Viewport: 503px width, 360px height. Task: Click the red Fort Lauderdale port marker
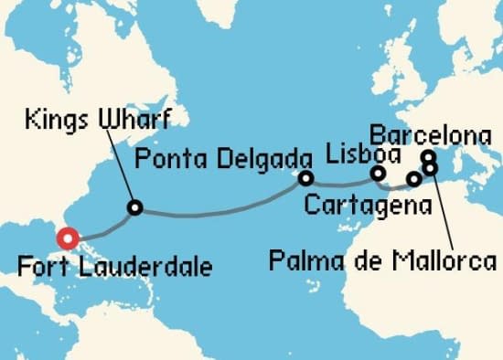click(67, 239)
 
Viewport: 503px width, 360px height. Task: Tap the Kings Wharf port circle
click(135, 208)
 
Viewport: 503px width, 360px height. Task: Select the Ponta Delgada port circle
click(305, 178)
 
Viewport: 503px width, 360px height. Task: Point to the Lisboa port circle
click(378, 173)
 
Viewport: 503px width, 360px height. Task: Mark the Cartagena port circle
click(414, 179)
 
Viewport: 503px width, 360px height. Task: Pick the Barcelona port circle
click(427, 156)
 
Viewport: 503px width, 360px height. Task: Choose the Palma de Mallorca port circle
click(430, 168)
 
